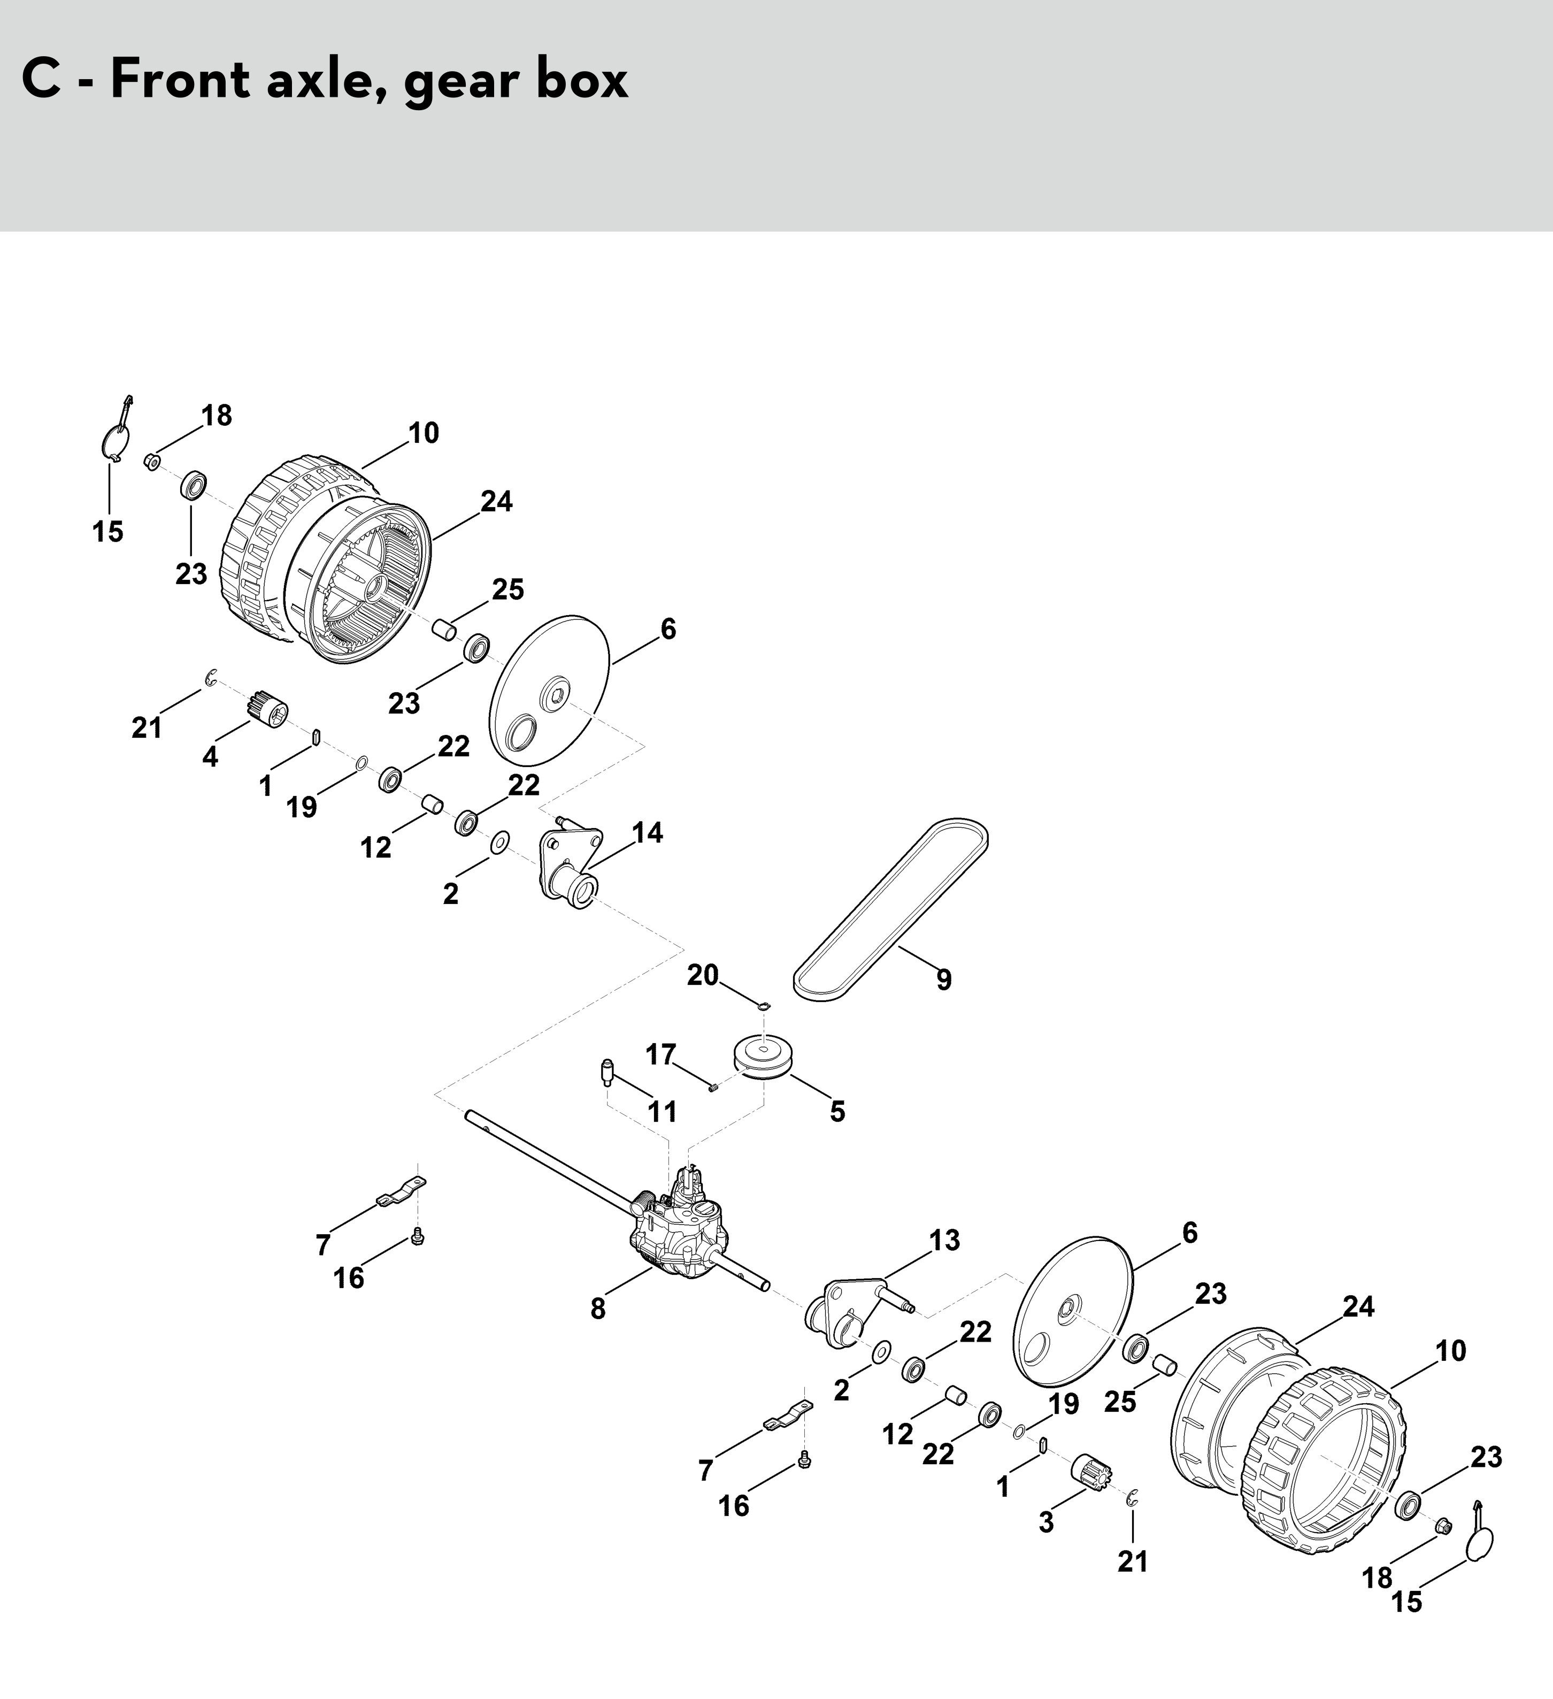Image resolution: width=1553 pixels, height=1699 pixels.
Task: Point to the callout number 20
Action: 703,975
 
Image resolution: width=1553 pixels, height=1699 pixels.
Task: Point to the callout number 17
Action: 660,1054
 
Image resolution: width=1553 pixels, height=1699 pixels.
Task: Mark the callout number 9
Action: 944,979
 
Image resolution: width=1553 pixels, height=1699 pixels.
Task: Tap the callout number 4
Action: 210,757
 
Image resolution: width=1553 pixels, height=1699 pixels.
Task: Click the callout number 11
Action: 662,1112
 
